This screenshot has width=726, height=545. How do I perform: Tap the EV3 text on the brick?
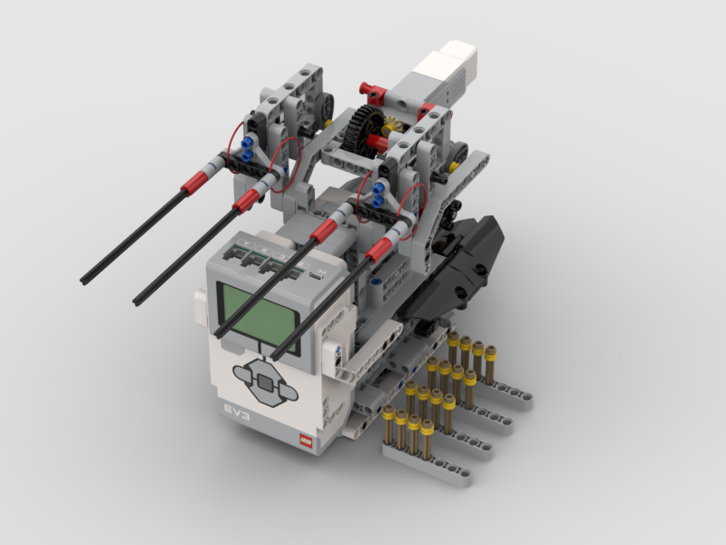(x=237, y=411)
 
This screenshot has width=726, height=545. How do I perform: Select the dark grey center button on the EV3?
(x=264, y=381)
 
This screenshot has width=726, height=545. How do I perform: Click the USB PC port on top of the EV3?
(x=315, y=273)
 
